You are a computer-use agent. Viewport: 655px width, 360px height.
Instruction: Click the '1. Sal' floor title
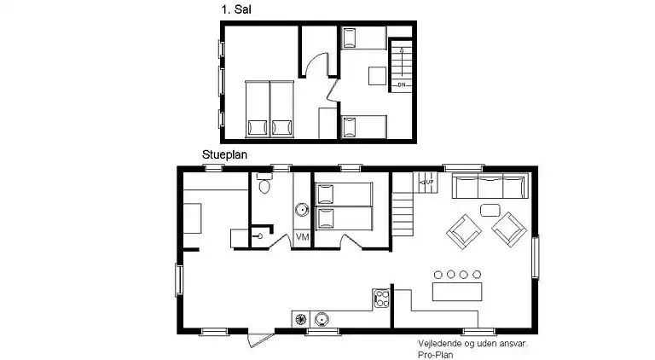(236, 9)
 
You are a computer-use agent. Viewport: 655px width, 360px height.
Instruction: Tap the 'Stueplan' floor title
(225, 155)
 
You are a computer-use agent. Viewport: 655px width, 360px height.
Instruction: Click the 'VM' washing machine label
(303, 237)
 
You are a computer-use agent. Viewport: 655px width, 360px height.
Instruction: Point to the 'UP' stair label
(430, 182)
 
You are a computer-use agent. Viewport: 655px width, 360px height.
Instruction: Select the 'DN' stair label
(402, 84)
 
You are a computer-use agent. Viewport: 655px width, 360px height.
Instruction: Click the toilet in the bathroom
(264, 183)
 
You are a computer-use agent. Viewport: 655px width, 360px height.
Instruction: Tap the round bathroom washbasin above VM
(302, 209)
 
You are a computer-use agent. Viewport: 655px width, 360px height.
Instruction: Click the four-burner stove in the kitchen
(381, 299)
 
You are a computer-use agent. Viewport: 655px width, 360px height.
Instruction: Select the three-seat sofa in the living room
(490, 186)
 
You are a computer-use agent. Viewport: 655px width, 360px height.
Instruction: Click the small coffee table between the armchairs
(490, 210)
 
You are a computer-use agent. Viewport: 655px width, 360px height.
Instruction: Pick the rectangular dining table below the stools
(457, 292)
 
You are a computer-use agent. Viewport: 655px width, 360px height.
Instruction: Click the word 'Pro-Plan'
(436, 355)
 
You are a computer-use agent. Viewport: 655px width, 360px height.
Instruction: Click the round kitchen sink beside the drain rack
(322, 320)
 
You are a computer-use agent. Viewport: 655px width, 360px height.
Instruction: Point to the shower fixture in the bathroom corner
(259, 236)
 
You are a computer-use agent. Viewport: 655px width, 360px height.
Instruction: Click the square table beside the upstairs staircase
(377, 76)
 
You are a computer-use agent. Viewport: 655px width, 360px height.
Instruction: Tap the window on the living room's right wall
(535, 257)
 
